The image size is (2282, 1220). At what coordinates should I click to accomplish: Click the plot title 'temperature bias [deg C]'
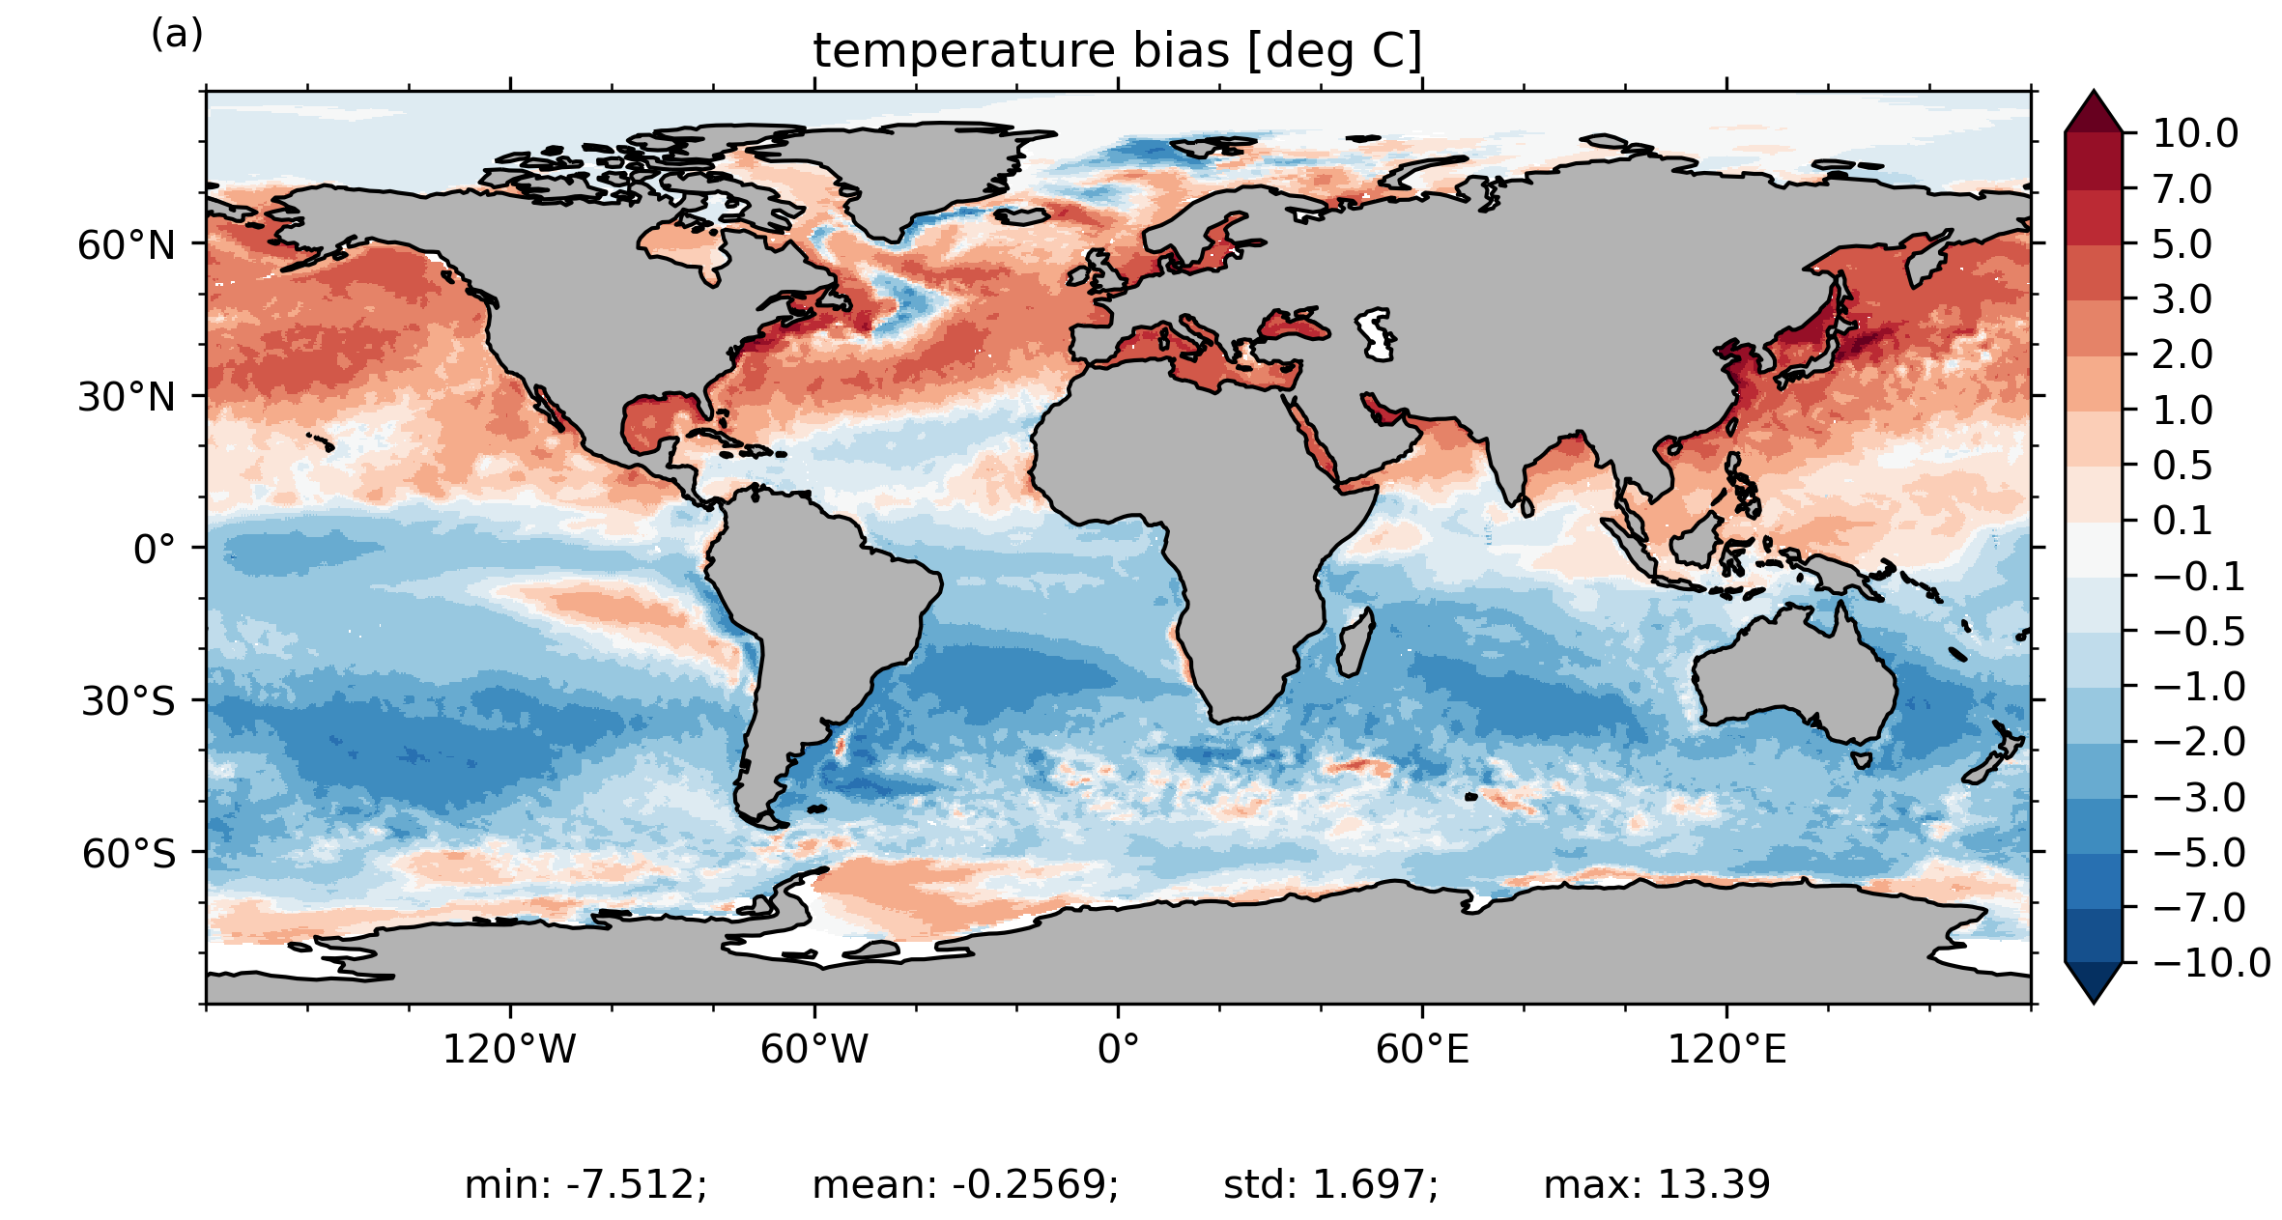1118,51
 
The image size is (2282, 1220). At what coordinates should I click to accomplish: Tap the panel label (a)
177,35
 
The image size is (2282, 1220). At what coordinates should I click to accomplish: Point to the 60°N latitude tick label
127,245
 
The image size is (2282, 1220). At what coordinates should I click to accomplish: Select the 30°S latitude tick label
128,701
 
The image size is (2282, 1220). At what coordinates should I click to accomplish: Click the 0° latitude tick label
155,550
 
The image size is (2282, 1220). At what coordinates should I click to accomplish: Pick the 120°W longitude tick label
509,1049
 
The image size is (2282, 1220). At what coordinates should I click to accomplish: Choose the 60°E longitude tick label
1422,1049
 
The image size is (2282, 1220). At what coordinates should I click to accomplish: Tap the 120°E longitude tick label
1726,1049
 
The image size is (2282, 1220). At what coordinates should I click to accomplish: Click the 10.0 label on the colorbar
2195,133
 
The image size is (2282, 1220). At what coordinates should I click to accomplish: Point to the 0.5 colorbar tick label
2182,466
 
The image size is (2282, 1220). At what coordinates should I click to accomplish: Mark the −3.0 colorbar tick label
2200,798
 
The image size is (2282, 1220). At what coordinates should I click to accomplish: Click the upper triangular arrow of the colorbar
2094,112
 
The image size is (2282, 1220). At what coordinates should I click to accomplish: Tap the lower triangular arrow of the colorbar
2094,981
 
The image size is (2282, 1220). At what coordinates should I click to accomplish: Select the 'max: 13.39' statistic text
1657,1184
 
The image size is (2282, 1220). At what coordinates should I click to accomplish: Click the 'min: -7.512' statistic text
585,1184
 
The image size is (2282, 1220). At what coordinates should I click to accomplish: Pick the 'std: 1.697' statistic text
1330,1184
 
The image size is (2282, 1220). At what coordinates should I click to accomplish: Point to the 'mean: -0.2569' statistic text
965,1184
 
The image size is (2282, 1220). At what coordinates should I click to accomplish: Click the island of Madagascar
1354,643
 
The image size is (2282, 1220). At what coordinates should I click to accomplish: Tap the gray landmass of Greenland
918,174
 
